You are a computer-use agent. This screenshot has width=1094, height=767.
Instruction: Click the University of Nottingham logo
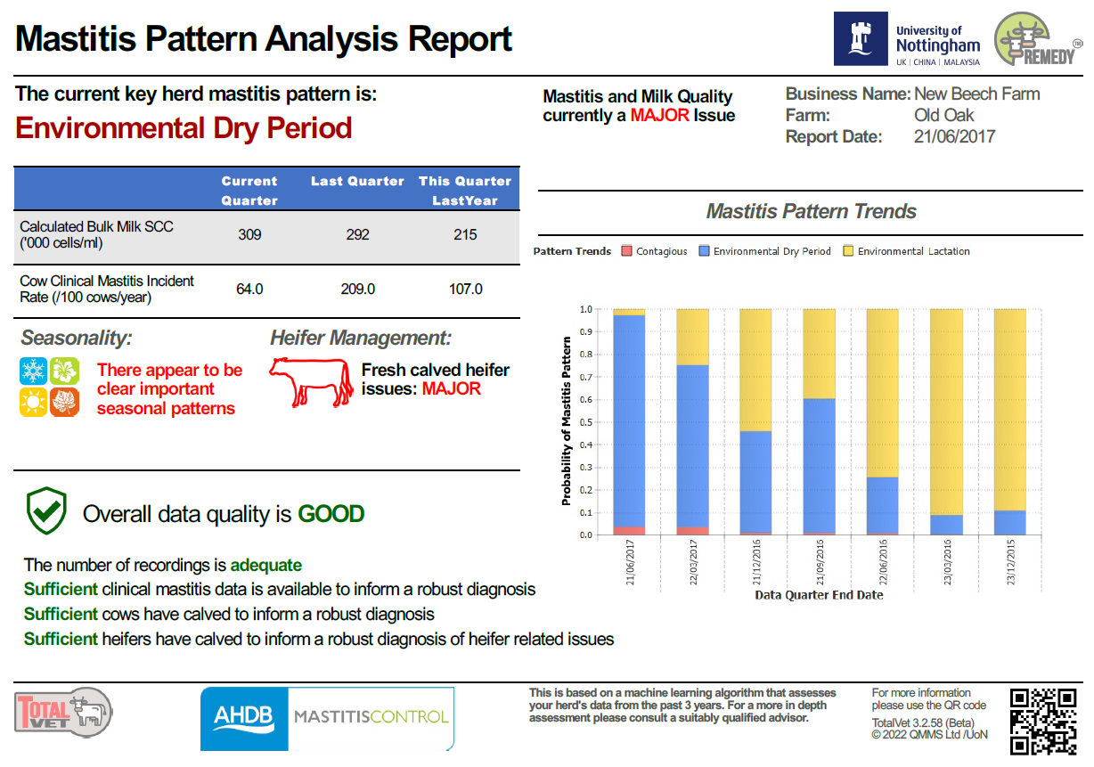[x=907, y=38]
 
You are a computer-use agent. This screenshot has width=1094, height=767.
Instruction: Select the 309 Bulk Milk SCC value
[x=249, y=235]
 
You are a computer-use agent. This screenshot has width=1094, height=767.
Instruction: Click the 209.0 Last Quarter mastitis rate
[x=357, y=290]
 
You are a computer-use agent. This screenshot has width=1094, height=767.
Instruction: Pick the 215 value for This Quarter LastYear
[x=465, y=235]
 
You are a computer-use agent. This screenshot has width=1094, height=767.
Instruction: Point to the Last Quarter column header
[x=357, y=182]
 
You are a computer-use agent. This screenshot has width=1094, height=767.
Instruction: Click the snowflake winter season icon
[x=33, y=371]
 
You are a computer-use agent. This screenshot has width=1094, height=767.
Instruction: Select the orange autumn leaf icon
[x=64, y=403]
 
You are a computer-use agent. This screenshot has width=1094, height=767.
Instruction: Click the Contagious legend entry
[x=655, y=251]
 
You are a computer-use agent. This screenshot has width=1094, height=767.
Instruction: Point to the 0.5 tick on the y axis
[x=586, y=422]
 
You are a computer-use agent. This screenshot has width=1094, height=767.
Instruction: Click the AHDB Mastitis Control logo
[x=327, y=718]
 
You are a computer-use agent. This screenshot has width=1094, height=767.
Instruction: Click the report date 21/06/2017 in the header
[x=954, y=137]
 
